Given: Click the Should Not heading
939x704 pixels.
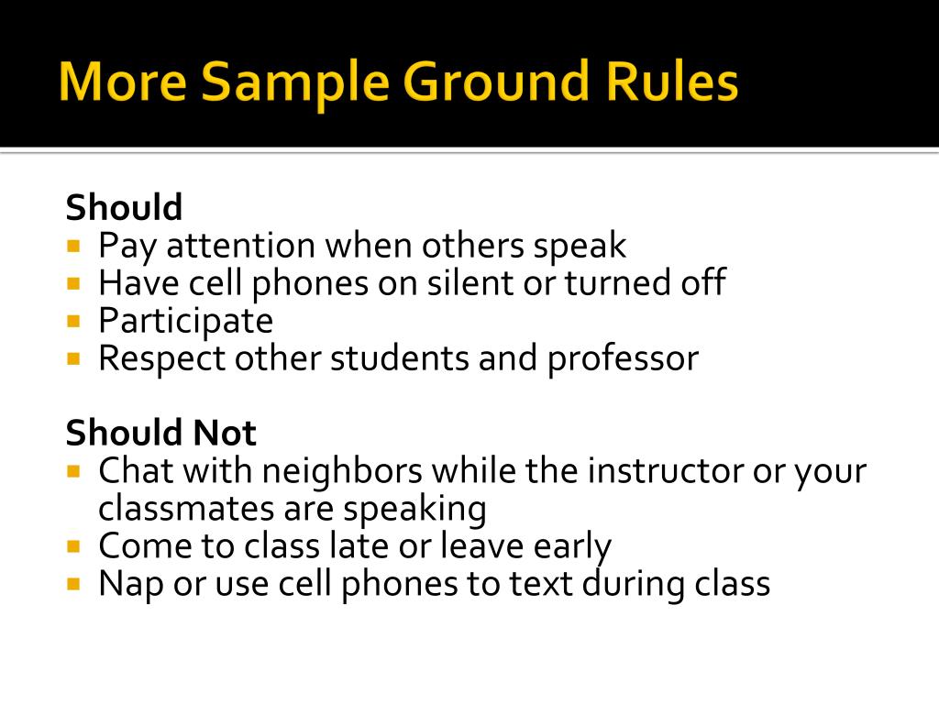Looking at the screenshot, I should click(160, 433).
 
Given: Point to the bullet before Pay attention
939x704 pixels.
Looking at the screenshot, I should click(73, 247).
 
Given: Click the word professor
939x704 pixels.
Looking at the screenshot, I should click(623, 358).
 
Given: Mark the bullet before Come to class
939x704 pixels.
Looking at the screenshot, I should click(73, 546).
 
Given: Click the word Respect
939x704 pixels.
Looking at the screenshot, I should click(162, 358).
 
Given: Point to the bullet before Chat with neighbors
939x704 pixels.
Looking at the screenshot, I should click(73, 471).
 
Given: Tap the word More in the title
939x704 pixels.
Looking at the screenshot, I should click(122, 82).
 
